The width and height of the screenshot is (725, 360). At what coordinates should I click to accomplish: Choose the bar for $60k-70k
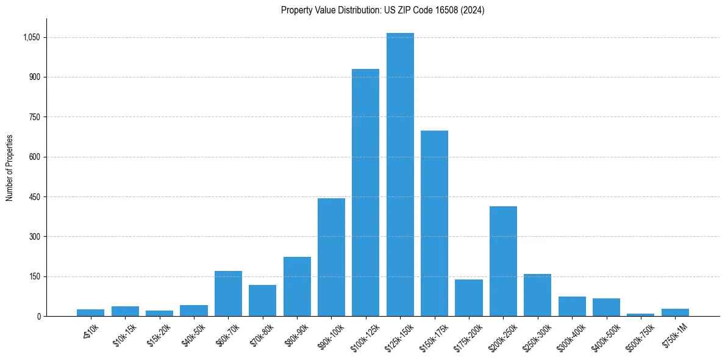tap(228, 293)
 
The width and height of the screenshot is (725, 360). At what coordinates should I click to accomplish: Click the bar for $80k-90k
tap(297, 287)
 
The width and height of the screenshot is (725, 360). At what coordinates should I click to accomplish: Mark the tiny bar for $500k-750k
tap(641, 315)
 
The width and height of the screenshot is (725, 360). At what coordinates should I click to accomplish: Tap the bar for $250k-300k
tap(537, 295)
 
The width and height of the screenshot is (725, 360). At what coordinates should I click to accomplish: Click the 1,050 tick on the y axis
tap(31, 37)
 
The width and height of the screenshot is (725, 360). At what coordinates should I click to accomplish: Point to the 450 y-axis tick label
tap(35, 197)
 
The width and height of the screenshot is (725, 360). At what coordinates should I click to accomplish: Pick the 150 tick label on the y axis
tap(35, 276)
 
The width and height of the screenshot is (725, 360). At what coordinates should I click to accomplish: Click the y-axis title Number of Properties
tap(9, 167)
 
